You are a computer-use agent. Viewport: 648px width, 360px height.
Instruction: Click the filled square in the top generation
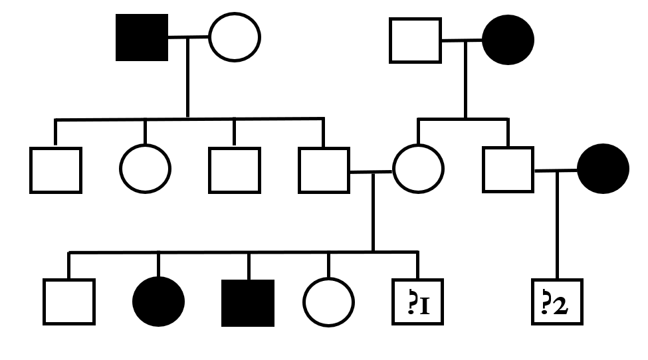coord(142,37)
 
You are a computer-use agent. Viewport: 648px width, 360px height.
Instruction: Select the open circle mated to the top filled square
coord(235,37)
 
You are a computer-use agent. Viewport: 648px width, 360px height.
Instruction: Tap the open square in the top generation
coord(415,41)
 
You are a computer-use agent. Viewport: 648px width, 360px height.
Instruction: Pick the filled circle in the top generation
coord(508,40)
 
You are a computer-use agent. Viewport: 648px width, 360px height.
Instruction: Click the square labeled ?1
coord(418,303)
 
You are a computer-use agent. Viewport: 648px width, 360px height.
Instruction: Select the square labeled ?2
coord(558,303)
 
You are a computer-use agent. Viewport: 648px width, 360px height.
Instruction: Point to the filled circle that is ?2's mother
coord(603,169)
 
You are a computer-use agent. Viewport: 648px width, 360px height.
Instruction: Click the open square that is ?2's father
coord(508,170)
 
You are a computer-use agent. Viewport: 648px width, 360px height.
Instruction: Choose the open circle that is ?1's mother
coord(418,170)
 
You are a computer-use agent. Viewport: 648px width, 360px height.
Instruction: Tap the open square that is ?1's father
coord(324,170)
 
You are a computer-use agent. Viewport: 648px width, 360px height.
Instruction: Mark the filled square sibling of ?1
coord(248,303)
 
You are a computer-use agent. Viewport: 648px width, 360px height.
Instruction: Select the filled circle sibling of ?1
coord(158,303)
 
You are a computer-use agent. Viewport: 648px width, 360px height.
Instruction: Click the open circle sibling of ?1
coord(328,303)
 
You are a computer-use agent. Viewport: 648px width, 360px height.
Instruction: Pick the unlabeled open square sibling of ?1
coord(68,303)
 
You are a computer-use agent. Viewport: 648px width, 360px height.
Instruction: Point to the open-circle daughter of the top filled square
coord(145,169)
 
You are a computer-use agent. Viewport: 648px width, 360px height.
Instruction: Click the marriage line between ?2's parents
coord(556,171)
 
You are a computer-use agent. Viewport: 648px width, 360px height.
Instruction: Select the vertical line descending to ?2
coord(557,226)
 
